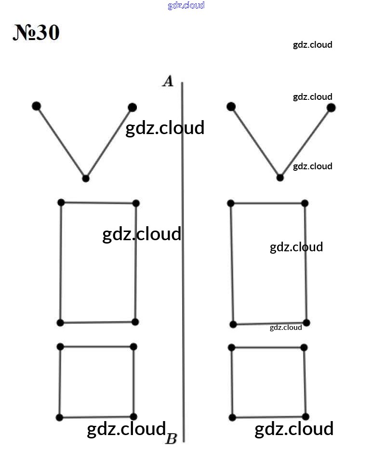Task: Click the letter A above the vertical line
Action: click(x=168, y=81)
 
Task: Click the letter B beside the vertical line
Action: click(x=171, y=439)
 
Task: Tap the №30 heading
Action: click(x=36, y=32)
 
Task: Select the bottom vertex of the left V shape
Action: click(x=86, y=178)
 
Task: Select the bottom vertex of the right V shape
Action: click(x=280, y=177)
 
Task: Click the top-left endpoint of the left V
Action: click(x=36, y=106)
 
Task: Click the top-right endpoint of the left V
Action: click(x=133, y=107)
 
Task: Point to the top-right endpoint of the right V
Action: click(x=331, y=108)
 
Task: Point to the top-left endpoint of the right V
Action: click(x=231, y=106)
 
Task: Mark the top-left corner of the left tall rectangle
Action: click(x=61, y=203)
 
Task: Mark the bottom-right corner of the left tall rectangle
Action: click(x=135, y=322)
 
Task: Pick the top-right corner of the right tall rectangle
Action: click(x=305, y=203)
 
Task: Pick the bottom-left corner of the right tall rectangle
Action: click(x=233, y=324)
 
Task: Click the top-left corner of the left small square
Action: click(x=60, y=346)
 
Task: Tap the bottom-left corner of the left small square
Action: click(x=59, y=418)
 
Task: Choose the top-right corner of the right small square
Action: click(x=304, y=347)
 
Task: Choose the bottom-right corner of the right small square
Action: click(x=306, y=417)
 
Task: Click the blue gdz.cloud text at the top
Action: click(x=186, y=5)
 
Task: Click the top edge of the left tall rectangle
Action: click(x=98, y=203)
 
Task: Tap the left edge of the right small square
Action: click(x=232, y=382)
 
